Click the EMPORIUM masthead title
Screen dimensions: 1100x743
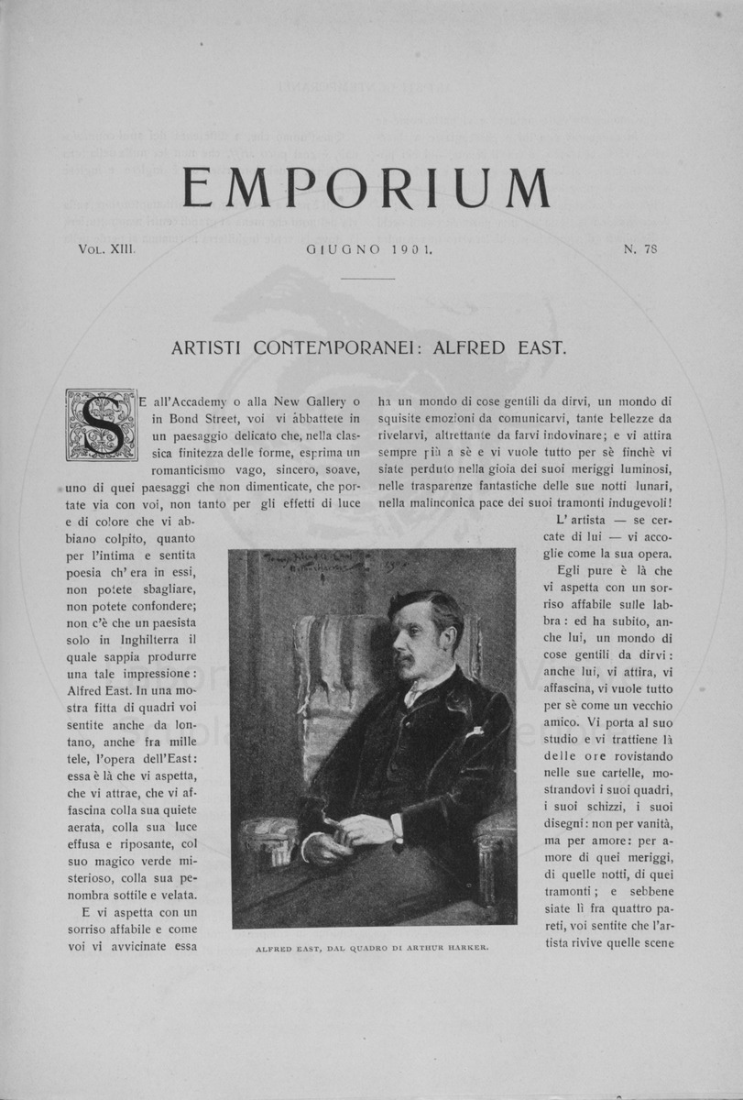(x=366, y=189)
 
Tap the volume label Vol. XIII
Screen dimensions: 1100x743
(x=106, y=247)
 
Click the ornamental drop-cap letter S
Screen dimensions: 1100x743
(x=100, y=424)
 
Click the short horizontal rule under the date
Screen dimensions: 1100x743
(x=371, y=279)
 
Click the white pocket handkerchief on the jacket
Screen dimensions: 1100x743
(x=473, y=731)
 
